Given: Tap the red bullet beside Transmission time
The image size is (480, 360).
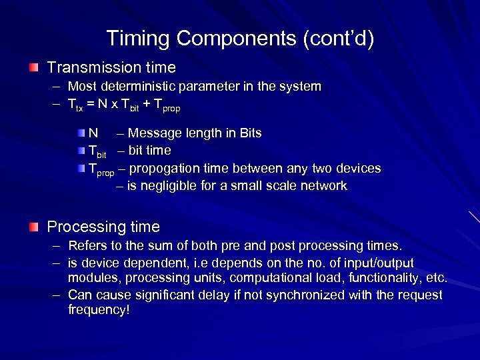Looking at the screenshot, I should (33, 68).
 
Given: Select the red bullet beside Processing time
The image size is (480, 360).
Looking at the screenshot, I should (33, 227).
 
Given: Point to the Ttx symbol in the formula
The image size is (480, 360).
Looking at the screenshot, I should (75, 105).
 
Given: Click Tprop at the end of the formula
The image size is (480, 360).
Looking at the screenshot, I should (167, 105).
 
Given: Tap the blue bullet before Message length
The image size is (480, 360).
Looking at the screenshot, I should (81, 133).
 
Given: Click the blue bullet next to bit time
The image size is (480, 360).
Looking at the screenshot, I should (81, 150).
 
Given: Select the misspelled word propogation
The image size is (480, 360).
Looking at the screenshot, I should (163, 168).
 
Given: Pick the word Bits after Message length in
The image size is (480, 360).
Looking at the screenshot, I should (248, 133).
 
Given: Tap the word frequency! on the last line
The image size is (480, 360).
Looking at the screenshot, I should (99, 310).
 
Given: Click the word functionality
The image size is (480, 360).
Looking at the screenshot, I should (381, 278).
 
